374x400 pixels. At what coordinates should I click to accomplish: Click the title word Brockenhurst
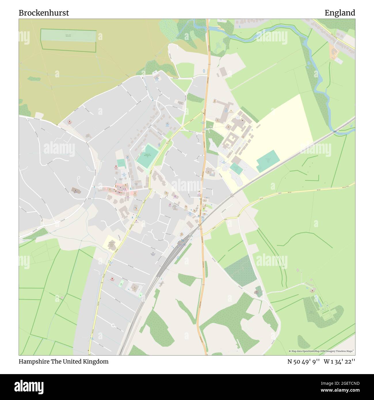pyautogui.click(x=44, y=13)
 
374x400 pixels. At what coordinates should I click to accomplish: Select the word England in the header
pyautogui.click(x=340, y=13)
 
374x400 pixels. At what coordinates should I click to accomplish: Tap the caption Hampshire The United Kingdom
pyautogui.click(x=64, y=361)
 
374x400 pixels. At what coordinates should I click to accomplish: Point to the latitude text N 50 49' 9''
pyautogui.click(x=303, y=361)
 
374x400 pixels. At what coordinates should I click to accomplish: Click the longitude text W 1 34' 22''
pyautogui.click(x=339, y=361)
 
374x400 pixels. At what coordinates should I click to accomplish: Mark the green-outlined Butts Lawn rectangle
pyautogui.click(x=68, y=40)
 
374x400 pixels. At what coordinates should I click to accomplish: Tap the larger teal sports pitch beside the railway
pyautogui.click(x=268, y=161)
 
